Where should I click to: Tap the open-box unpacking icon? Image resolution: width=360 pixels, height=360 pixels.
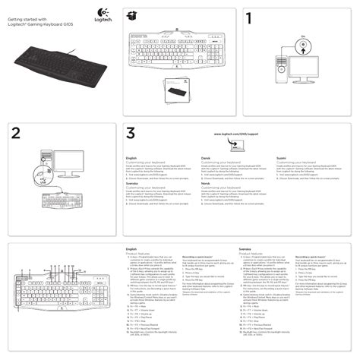(x=135, y=16)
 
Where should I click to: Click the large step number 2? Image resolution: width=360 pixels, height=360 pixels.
(x=16, y=132)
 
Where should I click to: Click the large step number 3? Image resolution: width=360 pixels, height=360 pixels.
(x=131, y=132)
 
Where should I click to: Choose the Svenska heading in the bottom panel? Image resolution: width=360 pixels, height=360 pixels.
(x=245, y=248)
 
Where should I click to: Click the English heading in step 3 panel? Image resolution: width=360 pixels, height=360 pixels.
(x=130, y=158)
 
